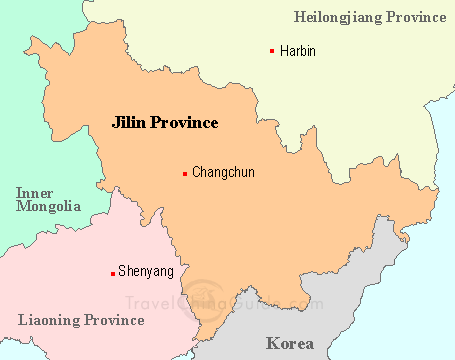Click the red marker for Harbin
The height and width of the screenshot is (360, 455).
(272, 51)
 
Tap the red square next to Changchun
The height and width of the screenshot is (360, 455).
(185, 174)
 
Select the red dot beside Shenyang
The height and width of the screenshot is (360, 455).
(112, 272)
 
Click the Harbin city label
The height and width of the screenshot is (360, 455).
(298, 51)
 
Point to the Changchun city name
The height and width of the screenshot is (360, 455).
(223, 173)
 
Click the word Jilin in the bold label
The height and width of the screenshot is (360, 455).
(130, 123)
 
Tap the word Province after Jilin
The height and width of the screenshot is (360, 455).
(186, 123)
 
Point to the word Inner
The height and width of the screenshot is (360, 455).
(35, 192)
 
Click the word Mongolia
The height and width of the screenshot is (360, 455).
(48, 207)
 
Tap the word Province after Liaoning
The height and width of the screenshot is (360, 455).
(113, 320)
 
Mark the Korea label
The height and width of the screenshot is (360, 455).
(290, 343)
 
